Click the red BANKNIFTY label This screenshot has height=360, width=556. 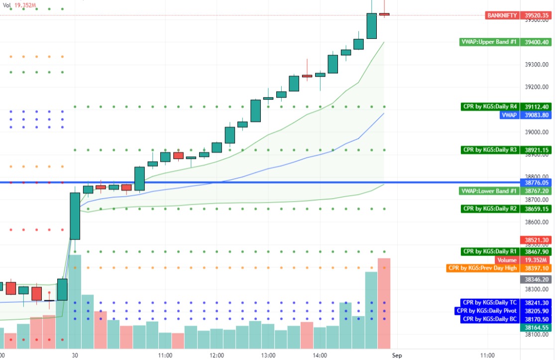(x=502, y=15)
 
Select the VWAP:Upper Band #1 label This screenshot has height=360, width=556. (x=489, y=42)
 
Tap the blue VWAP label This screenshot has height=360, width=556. (x=509, y=115)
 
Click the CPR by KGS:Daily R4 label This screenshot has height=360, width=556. (x=490, y=107)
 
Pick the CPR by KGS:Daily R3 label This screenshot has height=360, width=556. (x=490, y=149)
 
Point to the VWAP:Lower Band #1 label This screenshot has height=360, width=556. (x=489, y=191)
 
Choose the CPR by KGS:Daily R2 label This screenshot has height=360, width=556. (x=490, y=209)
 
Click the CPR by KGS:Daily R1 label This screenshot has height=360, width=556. (x=490, y=252)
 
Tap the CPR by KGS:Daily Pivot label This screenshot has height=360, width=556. (x=487, y=311)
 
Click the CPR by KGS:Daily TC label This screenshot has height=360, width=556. (x=490, y=302)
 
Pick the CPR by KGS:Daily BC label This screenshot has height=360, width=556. (x=490, y=319)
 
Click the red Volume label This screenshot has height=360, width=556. (x=507, y=260)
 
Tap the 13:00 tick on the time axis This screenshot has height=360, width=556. (x=268, y=356)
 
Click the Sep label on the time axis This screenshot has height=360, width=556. (x=396, y=356)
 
